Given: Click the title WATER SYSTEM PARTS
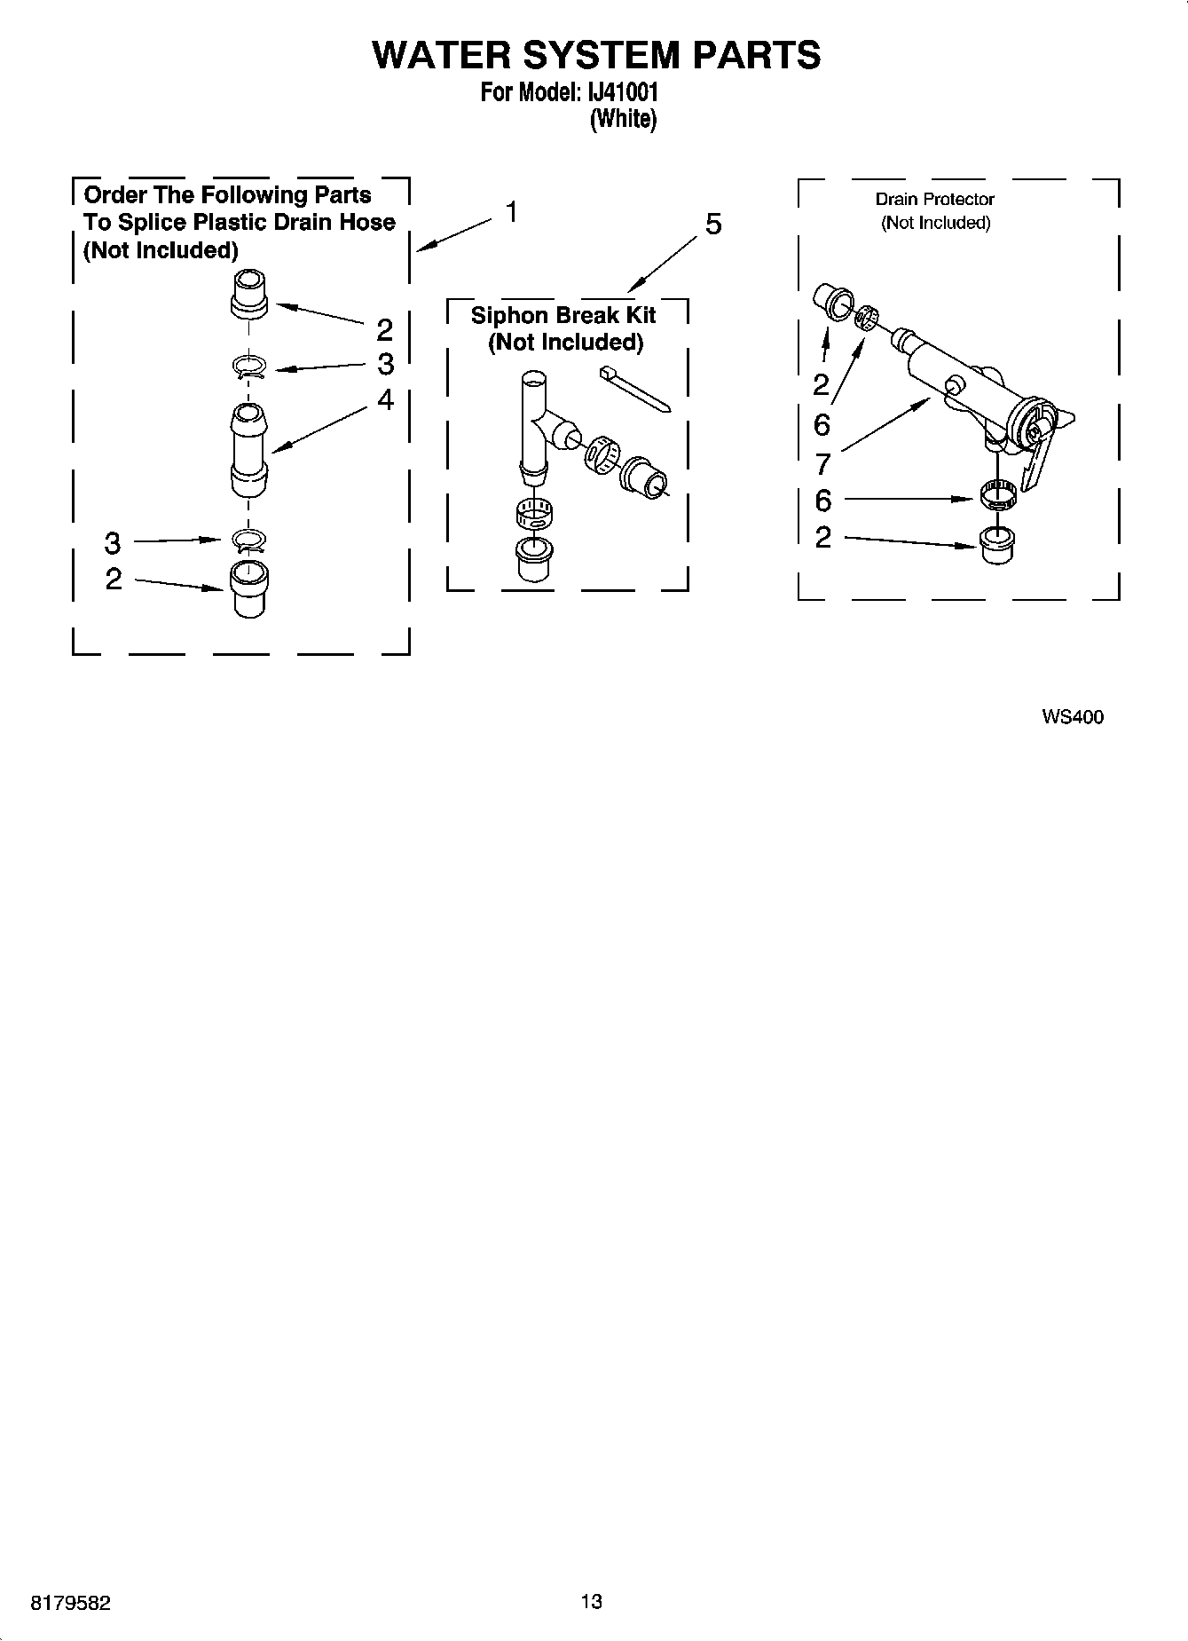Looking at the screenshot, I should coord(596,55).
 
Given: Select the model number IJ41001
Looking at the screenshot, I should coord(620,92).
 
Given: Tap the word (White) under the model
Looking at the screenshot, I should coord(623,119).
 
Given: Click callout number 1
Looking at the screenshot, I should coord(512,212).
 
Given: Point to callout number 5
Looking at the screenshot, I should coord(713,225).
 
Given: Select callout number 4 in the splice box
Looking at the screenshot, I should coord(385,399).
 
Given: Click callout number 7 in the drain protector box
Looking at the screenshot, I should coord(822,463).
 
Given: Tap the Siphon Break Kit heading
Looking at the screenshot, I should coord(563,316).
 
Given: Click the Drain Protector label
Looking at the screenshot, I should coord(934,200).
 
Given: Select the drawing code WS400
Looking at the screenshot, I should coord(1073,717).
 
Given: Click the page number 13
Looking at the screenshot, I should coord(591,1601).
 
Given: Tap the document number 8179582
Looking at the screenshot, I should coord(70,1603).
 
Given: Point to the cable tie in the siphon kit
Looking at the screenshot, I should coord(634,387).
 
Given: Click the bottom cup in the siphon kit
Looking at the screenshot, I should coord(534,558).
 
